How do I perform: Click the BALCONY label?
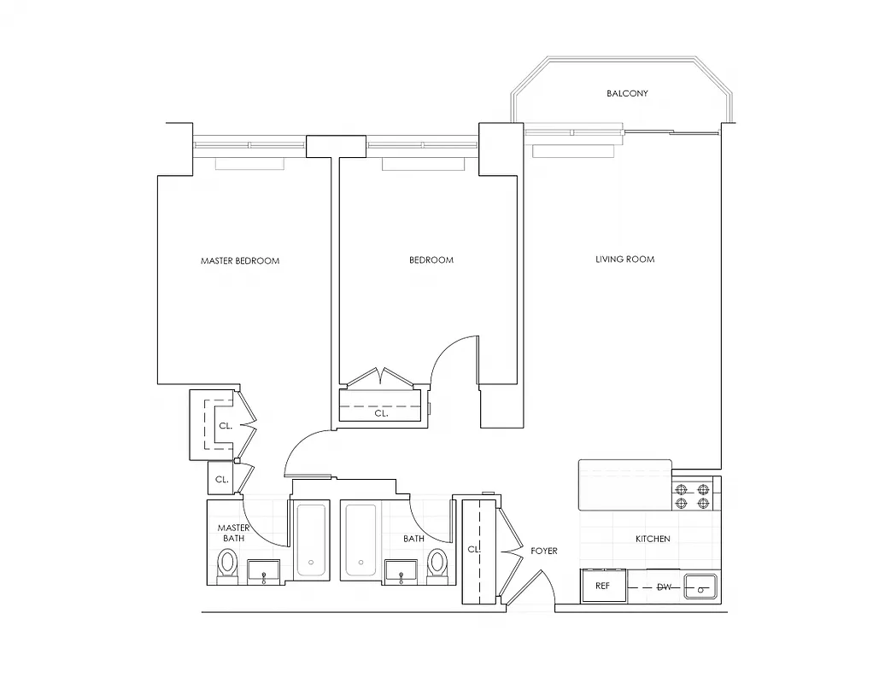pos(627,93)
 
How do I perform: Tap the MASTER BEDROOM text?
pos(240,260)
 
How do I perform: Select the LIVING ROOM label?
pos(624,259)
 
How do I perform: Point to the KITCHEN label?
pos(652,539)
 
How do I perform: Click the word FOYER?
pos(543,551)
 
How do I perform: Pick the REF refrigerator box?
pos(601,587)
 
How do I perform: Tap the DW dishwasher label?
pos(664,587)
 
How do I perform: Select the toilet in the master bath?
pos(227,564)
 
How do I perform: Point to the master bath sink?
pos(263,572)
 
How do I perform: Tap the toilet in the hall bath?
pos(437,564)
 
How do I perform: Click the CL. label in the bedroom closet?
pos(381,413)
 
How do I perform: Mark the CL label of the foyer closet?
pos(472,550)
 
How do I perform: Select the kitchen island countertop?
pos(624,485)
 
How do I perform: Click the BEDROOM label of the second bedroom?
pos(431,260)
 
